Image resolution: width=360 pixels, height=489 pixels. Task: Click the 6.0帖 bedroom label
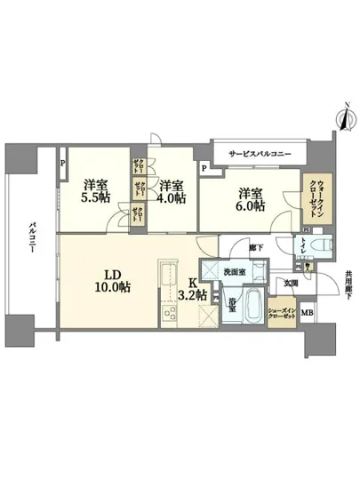tap(251, 199)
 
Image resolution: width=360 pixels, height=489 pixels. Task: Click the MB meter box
tap(307, 313)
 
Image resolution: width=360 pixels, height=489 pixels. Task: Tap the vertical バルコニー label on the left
tap(31, 237)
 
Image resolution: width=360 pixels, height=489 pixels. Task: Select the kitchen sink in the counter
tap(167, 271)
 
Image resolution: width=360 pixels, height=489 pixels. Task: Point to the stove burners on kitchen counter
tap(168, 312)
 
